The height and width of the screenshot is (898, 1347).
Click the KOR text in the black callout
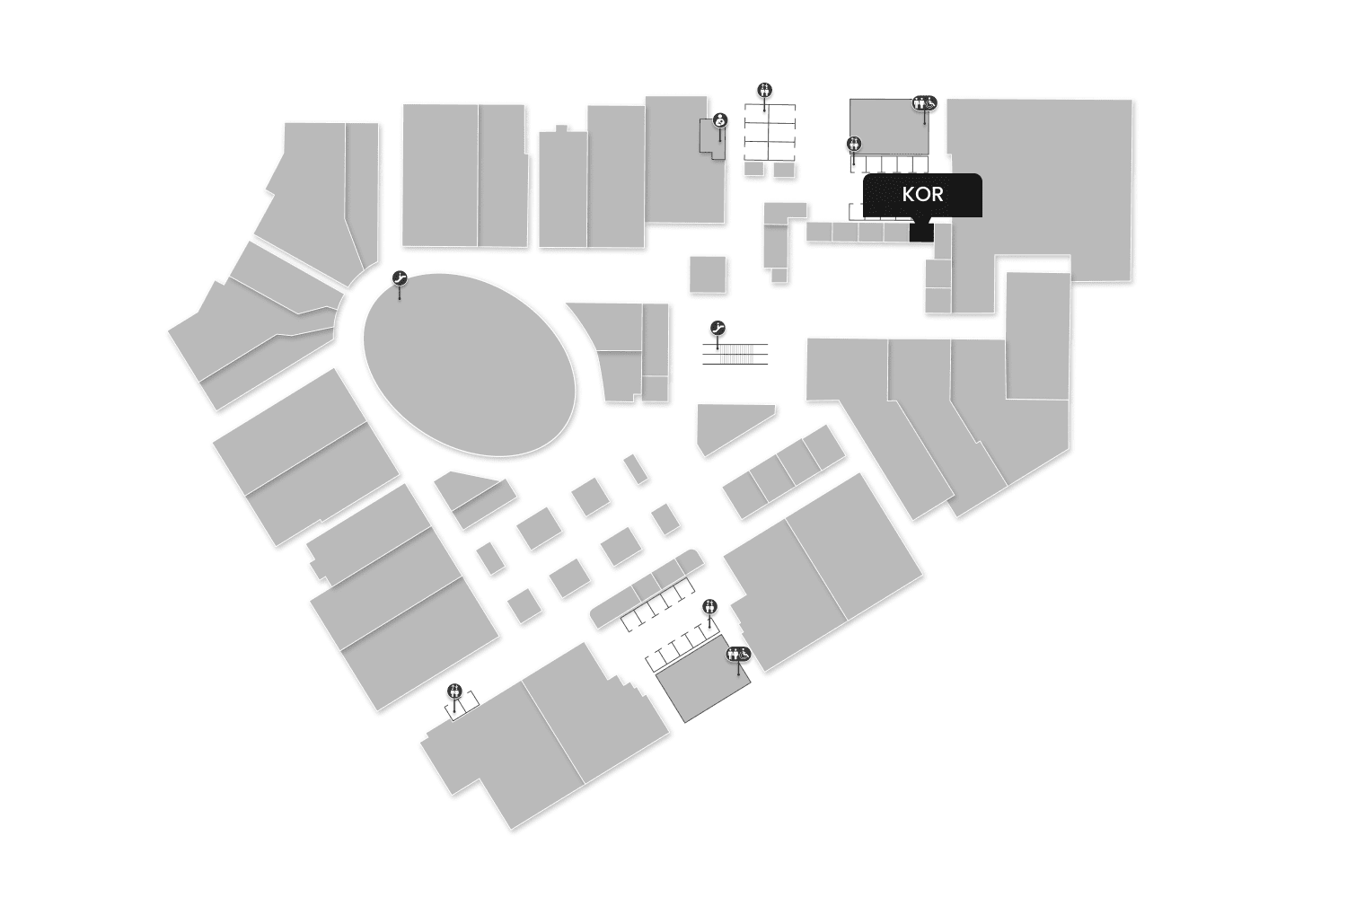922,194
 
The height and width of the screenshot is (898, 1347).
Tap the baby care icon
719,120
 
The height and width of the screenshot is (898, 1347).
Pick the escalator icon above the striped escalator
718,328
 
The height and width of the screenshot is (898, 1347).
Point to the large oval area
469,364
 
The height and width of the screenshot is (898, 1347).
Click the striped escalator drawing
735,354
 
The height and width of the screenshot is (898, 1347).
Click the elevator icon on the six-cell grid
764,89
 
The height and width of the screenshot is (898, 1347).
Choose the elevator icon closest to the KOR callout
854,143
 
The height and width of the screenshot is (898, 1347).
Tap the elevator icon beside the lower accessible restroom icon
710,606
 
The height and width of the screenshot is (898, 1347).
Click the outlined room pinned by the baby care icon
710,140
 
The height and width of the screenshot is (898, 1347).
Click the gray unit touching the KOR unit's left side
896,233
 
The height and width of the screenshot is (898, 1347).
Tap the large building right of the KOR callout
1042,189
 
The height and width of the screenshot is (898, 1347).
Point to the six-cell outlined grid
770,133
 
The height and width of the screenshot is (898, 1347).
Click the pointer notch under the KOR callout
922,219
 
